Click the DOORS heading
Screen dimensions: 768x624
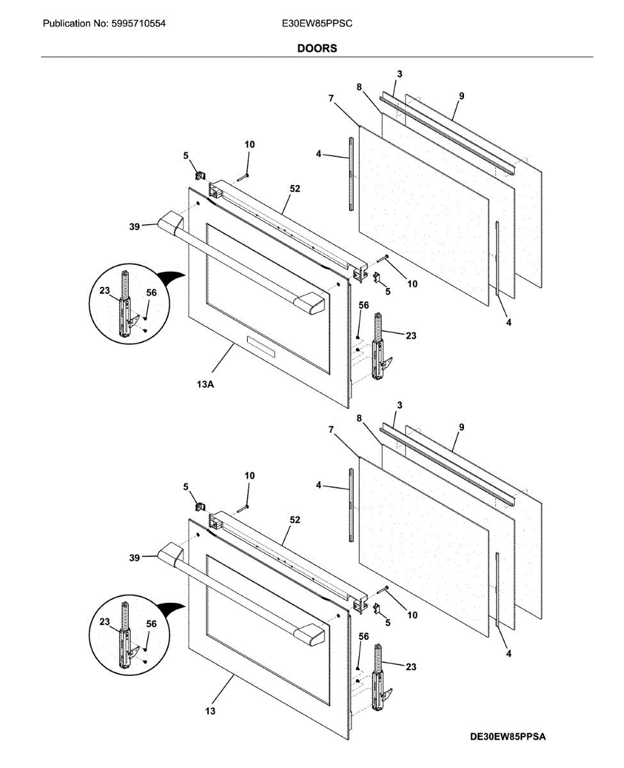(x=317, y=49)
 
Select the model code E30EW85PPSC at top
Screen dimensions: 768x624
(x=317, y=24)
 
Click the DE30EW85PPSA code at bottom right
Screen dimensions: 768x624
(x=507, y=737)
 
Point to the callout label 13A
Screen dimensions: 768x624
(x=205, y=385)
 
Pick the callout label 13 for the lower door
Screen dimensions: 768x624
(x=211, y=711)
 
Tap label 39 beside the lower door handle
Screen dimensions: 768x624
(x=134, y=557)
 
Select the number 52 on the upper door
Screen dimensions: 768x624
(x=294, y=189)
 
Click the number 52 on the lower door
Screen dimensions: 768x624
(x=294, y=520)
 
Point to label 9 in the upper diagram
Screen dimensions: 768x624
(x=461, y=96)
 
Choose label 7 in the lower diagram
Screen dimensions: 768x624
(x=331, y=430)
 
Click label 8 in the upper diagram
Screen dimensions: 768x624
(x=359, y=86)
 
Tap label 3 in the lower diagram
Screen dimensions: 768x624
(x=399, y=406)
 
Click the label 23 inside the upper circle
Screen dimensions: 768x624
(x=104, y=289)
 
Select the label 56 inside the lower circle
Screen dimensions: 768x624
(x=151, y=624)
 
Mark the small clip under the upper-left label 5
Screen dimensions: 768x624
(x=199, y=173)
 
